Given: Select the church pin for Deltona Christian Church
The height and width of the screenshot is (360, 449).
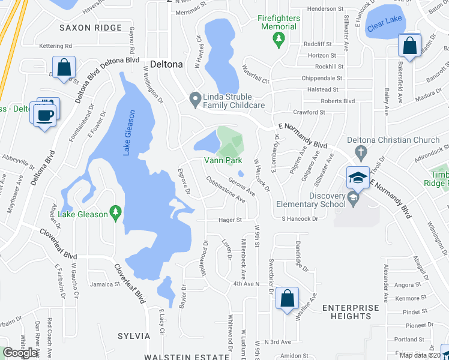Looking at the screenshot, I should [x=360, y=151].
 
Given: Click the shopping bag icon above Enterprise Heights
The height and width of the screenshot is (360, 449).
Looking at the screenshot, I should [x=288, y=297].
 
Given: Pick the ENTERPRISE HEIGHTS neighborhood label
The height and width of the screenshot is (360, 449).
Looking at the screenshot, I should [x=351, y=312].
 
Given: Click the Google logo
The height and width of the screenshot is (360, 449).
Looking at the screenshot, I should [x=21, y=352].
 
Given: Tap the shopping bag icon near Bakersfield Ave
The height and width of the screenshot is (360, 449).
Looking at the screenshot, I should [x=409, y=47].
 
